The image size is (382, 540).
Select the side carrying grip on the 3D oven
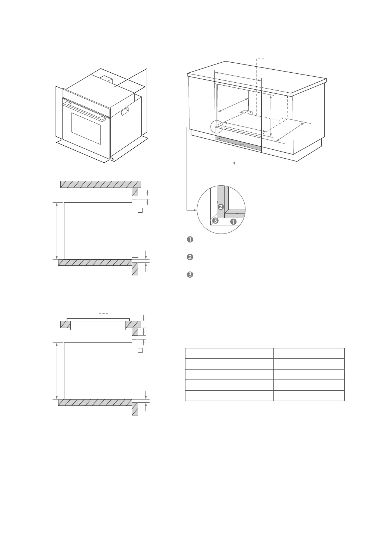point(125,110)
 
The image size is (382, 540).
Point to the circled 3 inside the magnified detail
point(215,221)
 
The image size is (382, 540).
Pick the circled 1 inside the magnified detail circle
point(233,222)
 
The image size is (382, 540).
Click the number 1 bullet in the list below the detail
point(189,239)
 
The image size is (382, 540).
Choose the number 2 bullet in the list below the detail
point(189,257)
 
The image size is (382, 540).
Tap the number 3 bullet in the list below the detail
point(189,275)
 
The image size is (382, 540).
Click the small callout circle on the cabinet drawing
point(216,126)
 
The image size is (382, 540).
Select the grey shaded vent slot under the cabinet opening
point(239,143)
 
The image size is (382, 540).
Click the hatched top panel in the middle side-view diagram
point(100,184)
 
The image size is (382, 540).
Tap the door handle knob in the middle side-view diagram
point(140,211)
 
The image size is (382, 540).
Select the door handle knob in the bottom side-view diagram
point(140,350)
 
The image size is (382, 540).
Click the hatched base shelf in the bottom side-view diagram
point(95,402)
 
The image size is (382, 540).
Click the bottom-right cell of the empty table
point(309,395)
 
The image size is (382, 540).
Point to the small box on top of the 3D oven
point(106,79)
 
